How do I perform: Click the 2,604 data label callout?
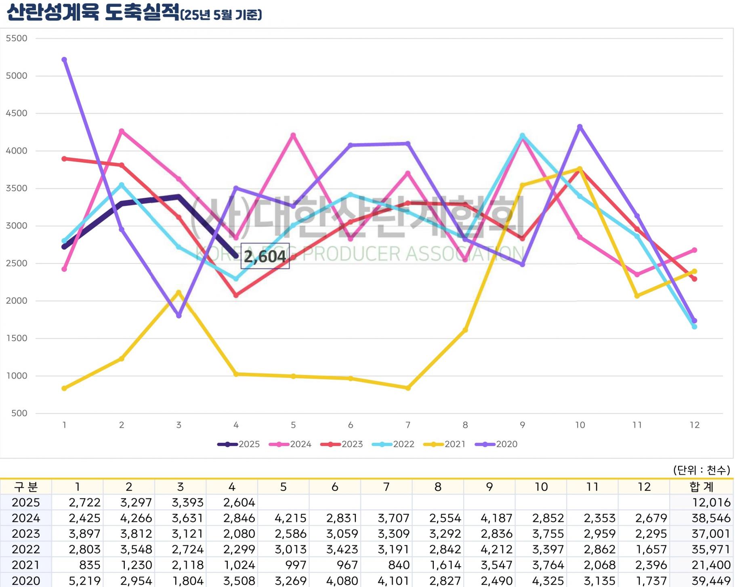[265, 256]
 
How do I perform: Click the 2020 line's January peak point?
[64, 60]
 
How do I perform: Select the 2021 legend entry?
[445, 444]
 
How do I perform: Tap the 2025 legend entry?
[239, 444]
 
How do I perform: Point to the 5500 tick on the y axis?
[17, 38]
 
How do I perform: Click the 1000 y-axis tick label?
[17, 376]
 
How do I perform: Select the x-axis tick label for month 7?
[408, 425]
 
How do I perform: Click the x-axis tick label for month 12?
[694, 425]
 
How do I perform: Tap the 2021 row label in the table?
[26, 565]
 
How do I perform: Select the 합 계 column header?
[701, 487]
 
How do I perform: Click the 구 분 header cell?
[26, 487]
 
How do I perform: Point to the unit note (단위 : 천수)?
[701, 470]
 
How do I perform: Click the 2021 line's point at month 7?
[408, 388]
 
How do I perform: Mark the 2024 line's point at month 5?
[293, 135]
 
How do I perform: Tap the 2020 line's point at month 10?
[580, 127]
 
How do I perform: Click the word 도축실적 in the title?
[141, 12]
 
